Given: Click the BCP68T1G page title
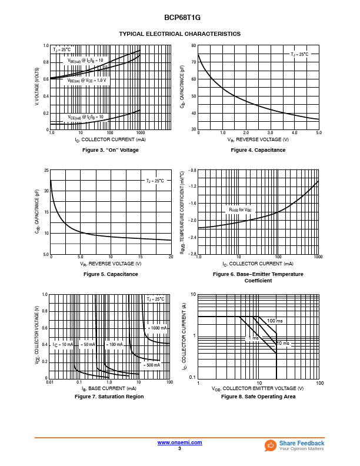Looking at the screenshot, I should coord(179,18).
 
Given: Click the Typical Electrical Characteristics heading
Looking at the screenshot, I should coord(179,34).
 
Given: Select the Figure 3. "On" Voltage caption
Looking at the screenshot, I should coord(111,150).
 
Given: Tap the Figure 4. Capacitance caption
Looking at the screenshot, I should coord(258,150).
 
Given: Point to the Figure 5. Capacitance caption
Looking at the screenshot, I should coord(111,274).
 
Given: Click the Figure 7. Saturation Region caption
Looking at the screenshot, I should coord(109,397).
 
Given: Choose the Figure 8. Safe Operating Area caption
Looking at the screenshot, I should coord(258,397).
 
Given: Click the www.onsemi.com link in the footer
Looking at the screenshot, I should coord(179,442).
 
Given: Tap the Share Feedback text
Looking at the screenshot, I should coord(301,443).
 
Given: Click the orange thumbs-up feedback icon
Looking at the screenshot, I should coord(271,445).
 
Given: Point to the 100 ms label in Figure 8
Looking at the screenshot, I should coord(275,321).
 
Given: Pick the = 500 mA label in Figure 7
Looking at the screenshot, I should coord(151,365).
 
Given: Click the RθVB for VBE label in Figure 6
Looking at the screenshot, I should coord(240,209).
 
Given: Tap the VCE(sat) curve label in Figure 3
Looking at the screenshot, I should coord(85,117).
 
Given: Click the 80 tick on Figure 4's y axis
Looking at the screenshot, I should coord(194,46).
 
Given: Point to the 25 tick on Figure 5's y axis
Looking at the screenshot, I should coord(46,171).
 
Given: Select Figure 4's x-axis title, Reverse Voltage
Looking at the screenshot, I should coord(258,140).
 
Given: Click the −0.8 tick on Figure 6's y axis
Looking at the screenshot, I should coord(191,171).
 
